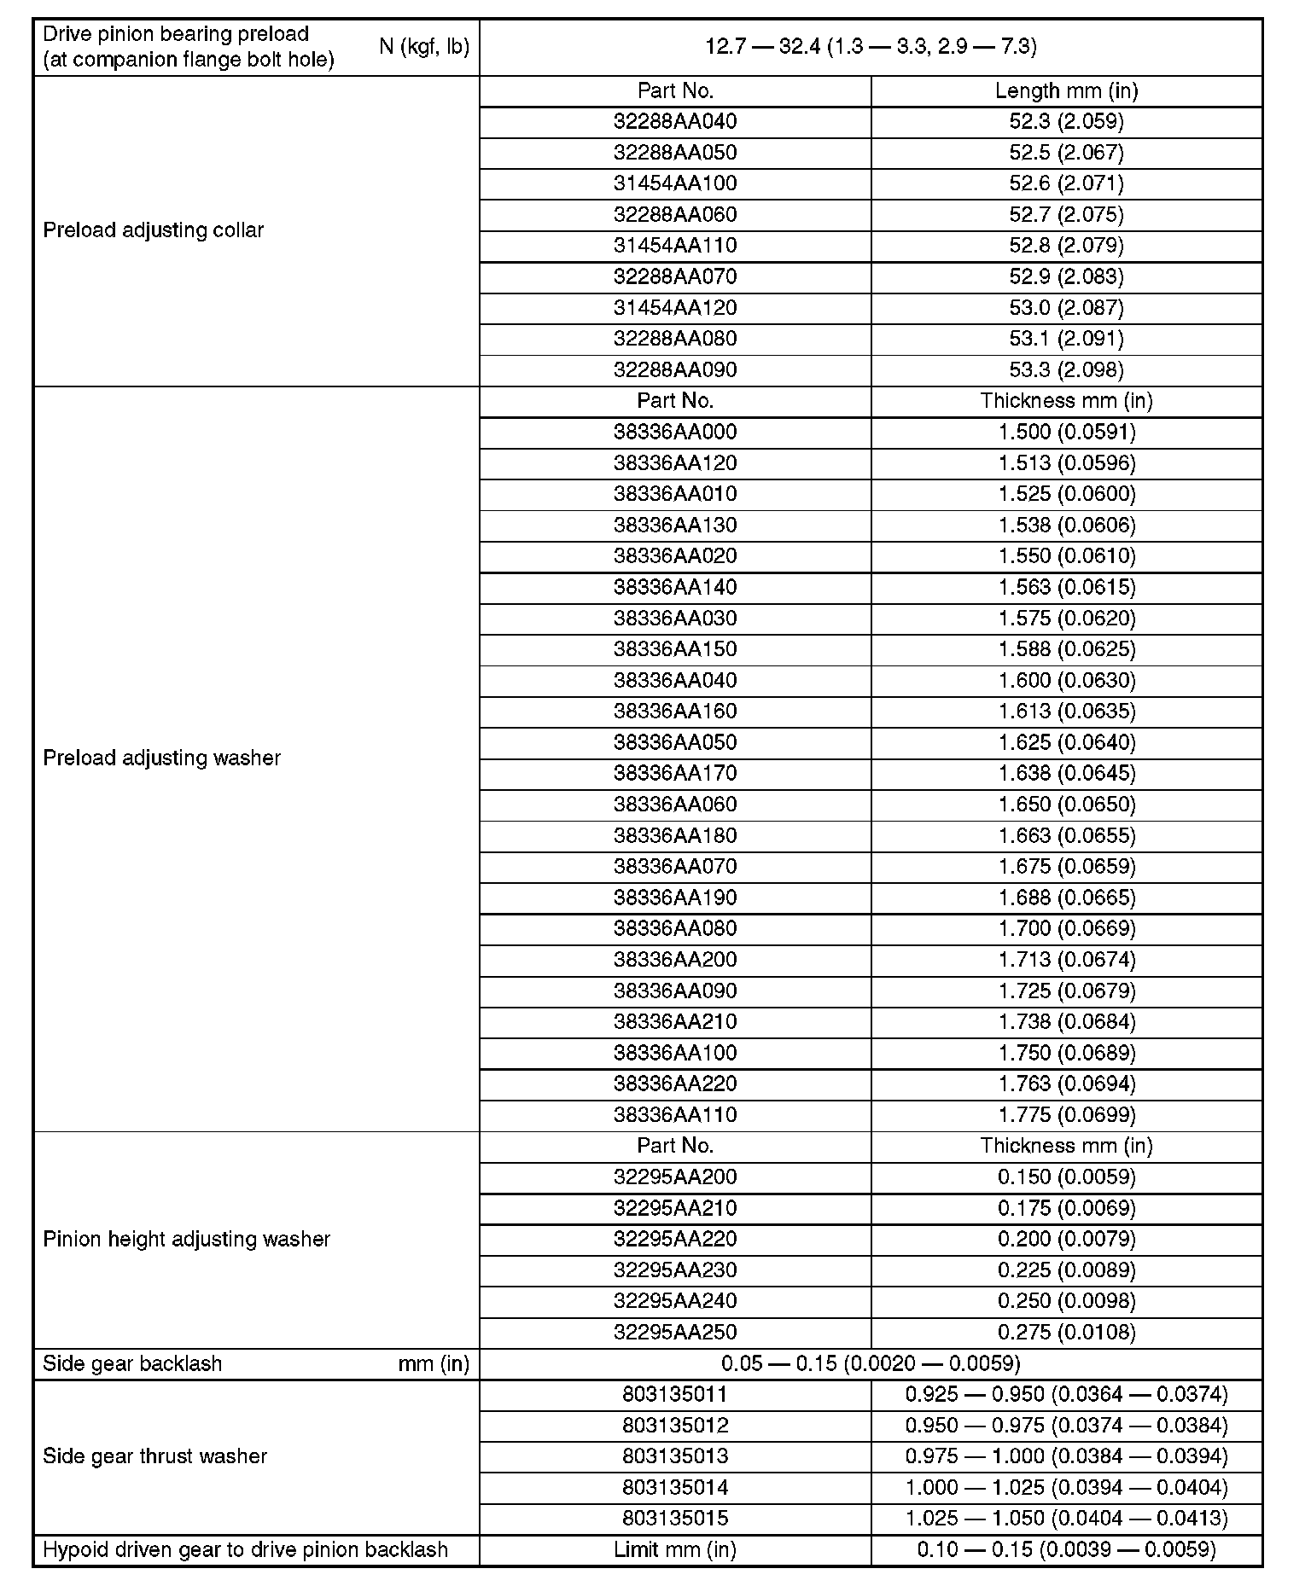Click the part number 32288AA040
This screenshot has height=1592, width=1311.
(x=674, y=122)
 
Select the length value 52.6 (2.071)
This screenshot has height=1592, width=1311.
(x=1066, y=183)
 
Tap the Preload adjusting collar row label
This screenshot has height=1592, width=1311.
(x=154, y=230)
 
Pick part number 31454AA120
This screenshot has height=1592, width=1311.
(x=674, y=308)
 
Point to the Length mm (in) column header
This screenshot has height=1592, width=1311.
(x=1066, y=91)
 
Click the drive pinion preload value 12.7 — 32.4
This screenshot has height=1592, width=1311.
(x=871, y=47)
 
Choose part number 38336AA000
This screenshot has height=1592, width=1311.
(x=674, y=432)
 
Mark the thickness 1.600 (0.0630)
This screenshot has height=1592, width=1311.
(x=1067, y=681)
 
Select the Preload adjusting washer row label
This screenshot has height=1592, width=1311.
(x=161, y=758)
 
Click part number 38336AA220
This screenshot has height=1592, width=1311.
(x=674, y=1084)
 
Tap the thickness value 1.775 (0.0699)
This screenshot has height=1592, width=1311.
(x=1067, y=1115)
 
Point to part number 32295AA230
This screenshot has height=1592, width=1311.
(x=674, y=1270)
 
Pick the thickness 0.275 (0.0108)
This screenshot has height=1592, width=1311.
(x=1067, y=1333)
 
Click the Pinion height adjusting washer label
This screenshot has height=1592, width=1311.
(x=186, y=1240)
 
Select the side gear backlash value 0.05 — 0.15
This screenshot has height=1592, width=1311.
(x=871, y=1363)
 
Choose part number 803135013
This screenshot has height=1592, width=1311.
(x=674, y=1456)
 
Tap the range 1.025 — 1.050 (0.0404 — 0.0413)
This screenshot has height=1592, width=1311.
(x=1066, y=1519)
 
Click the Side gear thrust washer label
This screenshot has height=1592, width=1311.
(x=154, y=1456)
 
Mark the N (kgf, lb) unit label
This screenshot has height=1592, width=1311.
(x=424, y=47)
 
